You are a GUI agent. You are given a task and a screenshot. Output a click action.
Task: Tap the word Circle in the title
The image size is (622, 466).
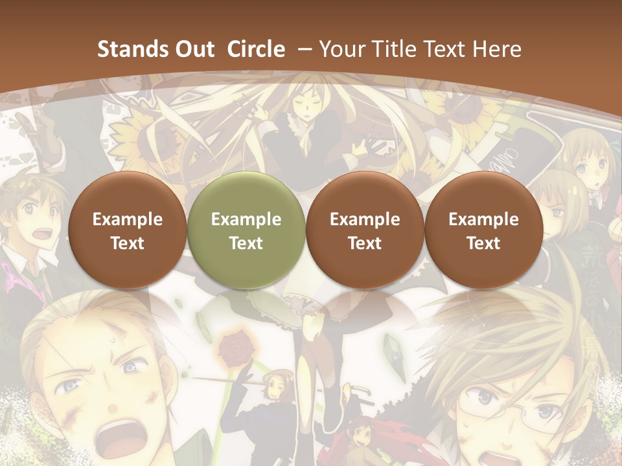click(x=256, y=49)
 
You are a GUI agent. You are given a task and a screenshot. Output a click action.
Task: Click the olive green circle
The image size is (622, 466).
click(x=246, y=230)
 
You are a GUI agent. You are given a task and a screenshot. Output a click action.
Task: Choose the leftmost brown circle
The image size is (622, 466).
click(x=128, y=230)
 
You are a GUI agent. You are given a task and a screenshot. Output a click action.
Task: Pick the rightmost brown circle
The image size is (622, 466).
click(x=483, y=230)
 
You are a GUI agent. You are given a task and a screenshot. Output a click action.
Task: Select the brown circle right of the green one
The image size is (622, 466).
click(x=365, y=230)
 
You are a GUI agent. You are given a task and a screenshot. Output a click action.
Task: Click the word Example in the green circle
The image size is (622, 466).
click(x=246, y=219)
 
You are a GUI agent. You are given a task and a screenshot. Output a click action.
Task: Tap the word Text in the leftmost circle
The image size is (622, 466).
click(x=128, y=243)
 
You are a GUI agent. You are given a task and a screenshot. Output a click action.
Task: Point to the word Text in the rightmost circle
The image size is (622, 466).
click(x=483, y=243)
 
